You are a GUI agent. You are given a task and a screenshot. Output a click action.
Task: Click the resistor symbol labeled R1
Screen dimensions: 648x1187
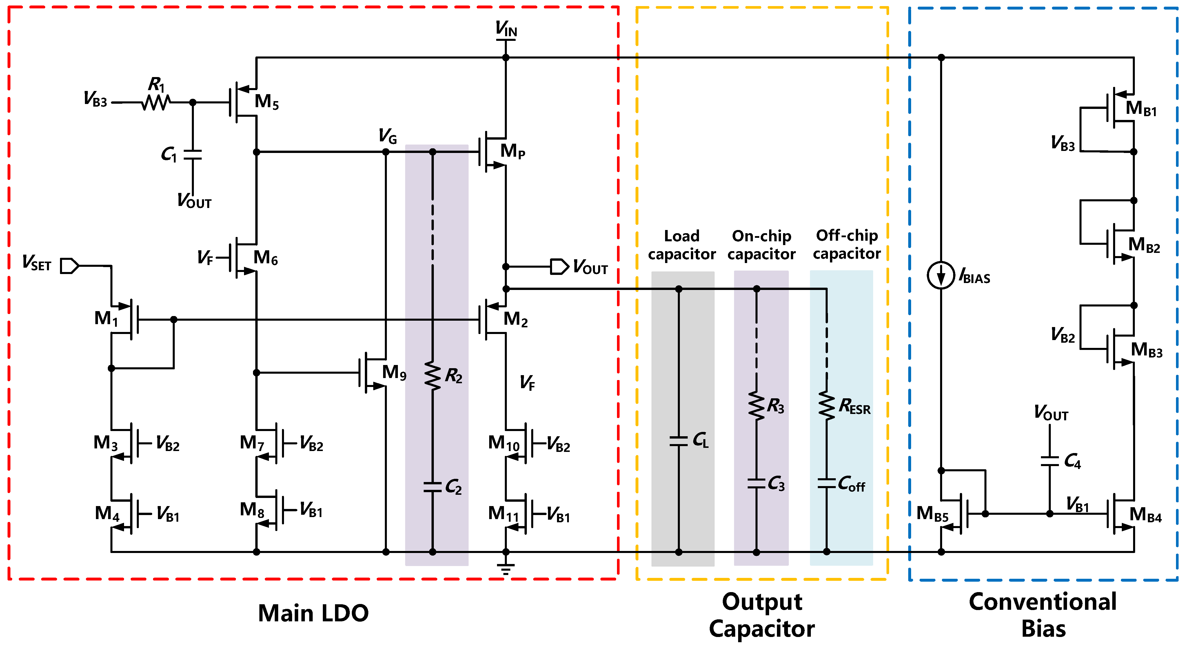click(x=155, y=102)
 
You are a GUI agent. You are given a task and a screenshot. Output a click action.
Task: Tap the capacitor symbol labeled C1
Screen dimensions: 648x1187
click(x=193, y=155)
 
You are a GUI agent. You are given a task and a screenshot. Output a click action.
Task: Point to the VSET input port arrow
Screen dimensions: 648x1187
click(x=70, y=266)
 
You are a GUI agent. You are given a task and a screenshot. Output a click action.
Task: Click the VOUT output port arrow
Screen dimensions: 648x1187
click(x=559, y=267)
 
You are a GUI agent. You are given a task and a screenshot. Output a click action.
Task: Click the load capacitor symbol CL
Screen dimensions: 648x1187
click(x=678, y=441)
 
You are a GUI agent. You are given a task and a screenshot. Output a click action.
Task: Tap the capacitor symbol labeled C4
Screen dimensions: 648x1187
click(x=1049, y=461)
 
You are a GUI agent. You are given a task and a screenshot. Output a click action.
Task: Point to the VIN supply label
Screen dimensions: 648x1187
click(x=506, y=29)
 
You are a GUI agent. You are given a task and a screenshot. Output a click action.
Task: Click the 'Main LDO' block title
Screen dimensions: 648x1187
click(x=313, y=613)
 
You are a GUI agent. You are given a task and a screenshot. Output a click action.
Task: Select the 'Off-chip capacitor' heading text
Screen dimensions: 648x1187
click(x=846, y=244)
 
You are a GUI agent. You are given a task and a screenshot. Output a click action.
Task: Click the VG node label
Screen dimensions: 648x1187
click(x=387, y=136)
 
